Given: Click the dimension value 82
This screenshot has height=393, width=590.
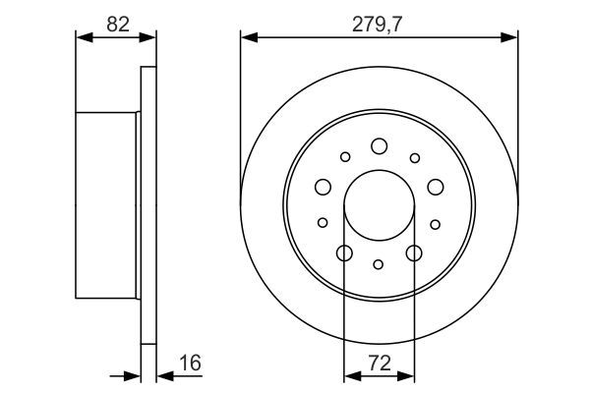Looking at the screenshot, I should pos(117,25).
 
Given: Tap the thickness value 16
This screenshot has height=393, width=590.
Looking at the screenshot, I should pos(190,364).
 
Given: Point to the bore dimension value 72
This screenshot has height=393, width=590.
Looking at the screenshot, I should pos(380,364).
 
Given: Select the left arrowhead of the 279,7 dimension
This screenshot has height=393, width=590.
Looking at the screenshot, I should pos(247,38).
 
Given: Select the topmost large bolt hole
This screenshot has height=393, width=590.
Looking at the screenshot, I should pos(379,146).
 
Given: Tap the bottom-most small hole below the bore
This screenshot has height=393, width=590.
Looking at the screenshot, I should pos(379,263).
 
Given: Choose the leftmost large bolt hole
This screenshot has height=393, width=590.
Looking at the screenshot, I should pos(323,187).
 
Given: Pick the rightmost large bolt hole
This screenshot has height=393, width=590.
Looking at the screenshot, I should pos(435,187).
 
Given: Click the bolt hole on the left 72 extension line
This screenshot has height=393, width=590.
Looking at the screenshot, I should pos(344,253).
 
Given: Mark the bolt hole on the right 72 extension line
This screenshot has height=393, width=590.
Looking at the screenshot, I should pos(413,253).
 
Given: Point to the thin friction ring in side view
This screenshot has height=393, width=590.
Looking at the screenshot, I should pos(148,205).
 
